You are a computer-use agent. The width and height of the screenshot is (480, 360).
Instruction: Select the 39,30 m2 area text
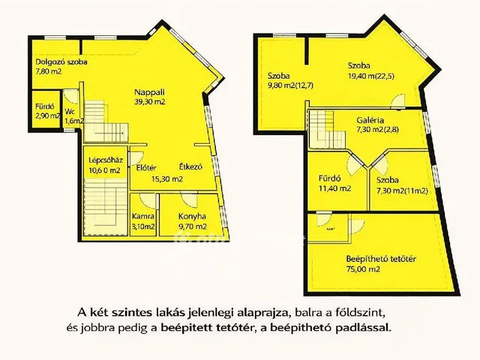click(150, 100)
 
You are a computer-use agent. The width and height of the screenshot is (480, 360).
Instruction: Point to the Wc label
click(68, 109)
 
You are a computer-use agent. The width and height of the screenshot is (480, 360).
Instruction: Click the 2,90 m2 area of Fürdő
click(46, 120)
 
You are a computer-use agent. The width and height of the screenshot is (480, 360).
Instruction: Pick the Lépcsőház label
click(106, 159)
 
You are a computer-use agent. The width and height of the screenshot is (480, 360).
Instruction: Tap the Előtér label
click(145, 166)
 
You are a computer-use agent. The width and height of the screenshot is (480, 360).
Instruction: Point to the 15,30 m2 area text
click(167, 178)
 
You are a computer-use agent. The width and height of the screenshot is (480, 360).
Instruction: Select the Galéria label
click(370, 118)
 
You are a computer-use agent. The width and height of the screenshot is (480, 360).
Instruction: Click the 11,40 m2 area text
click(334, 188)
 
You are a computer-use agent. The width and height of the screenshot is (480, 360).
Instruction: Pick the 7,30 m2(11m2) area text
click(397, 190)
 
